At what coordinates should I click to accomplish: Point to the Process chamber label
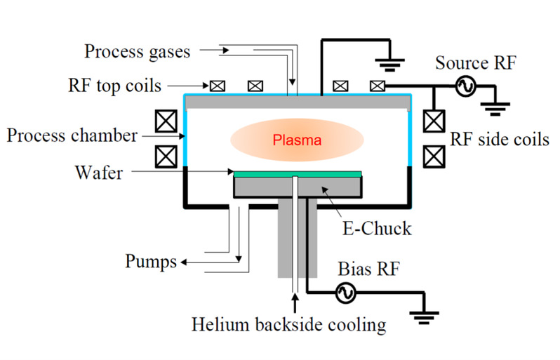pos(73,135)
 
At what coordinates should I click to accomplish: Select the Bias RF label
pos(364,268)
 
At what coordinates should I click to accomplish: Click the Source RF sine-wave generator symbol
pos(464,86)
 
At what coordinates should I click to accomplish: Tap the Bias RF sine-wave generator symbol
pos(345,295)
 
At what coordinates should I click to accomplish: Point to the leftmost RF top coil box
pos(218,86)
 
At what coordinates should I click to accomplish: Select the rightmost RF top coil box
pos(378,86)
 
